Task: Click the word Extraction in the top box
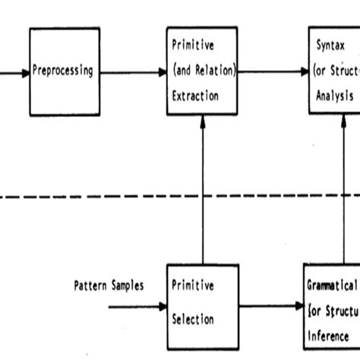[194, 96]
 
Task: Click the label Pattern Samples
[109, 287]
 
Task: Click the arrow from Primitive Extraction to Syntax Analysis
[273, 72]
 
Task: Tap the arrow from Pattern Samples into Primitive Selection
[137, 308]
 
